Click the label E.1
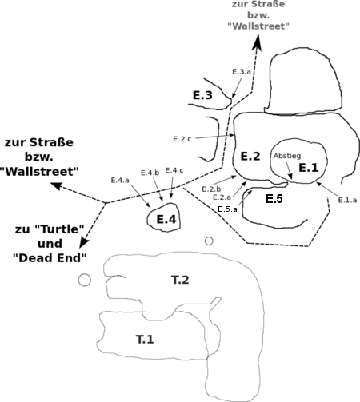(x=309, y=168)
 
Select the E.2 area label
(x=250, y=156)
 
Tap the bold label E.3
(x=202, y=95)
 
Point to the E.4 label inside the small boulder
(x=166, y=219)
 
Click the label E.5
(x=274, y=199)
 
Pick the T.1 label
(x=145, y=339)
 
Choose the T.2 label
(x=180, y=280)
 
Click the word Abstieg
(x=287, y=156)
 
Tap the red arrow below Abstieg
(x=289, y=170)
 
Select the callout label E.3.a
(x=242, y=71)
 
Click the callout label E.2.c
(x=182, y=139)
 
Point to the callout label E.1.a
(x=347, y=200)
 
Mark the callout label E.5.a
(x=227, y=209)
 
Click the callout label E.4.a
(x=120, y=181)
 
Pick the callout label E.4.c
(x=174, y=170)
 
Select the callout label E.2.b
(x=211, y=189)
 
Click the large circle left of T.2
(x=85, y=280)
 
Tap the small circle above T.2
(x=209, y=241)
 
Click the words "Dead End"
(x=50, y=258)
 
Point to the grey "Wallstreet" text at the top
(x=258, y=26)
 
